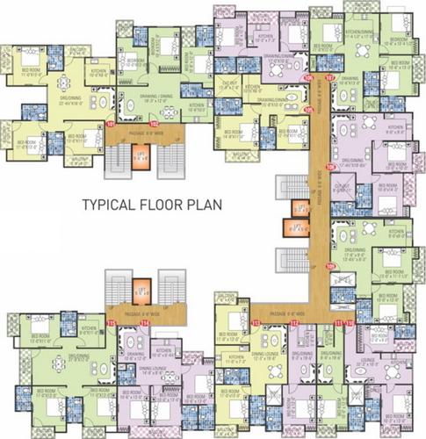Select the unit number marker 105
pyautogui.click(x=309, y=109)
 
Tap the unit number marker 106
pyautogui.click(x=308, y=78)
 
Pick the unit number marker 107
pyautogui.click(x=329, y=78)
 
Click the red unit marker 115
pyautogui.click(x=111, y=323)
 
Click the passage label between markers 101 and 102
pyautogui.click(x=148, y=132)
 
